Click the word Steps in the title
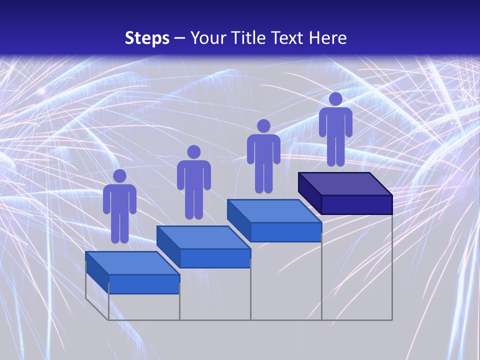click(x=147, y=38)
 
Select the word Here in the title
click(x=328, y=38)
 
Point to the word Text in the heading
click(x=288, y=38)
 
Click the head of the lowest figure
click(x=119, y=176)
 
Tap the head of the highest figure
click(x=335, y=99)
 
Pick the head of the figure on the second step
click(x=193, y=152)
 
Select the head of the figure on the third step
click(x=263, y=126)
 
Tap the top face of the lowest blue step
click(x=132, y=263)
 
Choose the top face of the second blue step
click(x=203, y=237)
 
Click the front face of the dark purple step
click(x=356, y=204)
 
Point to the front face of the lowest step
click(x=144, y=284)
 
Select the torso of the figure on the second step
click(x=193, y=175)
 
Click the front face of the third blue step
click(x=285, y=232)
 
